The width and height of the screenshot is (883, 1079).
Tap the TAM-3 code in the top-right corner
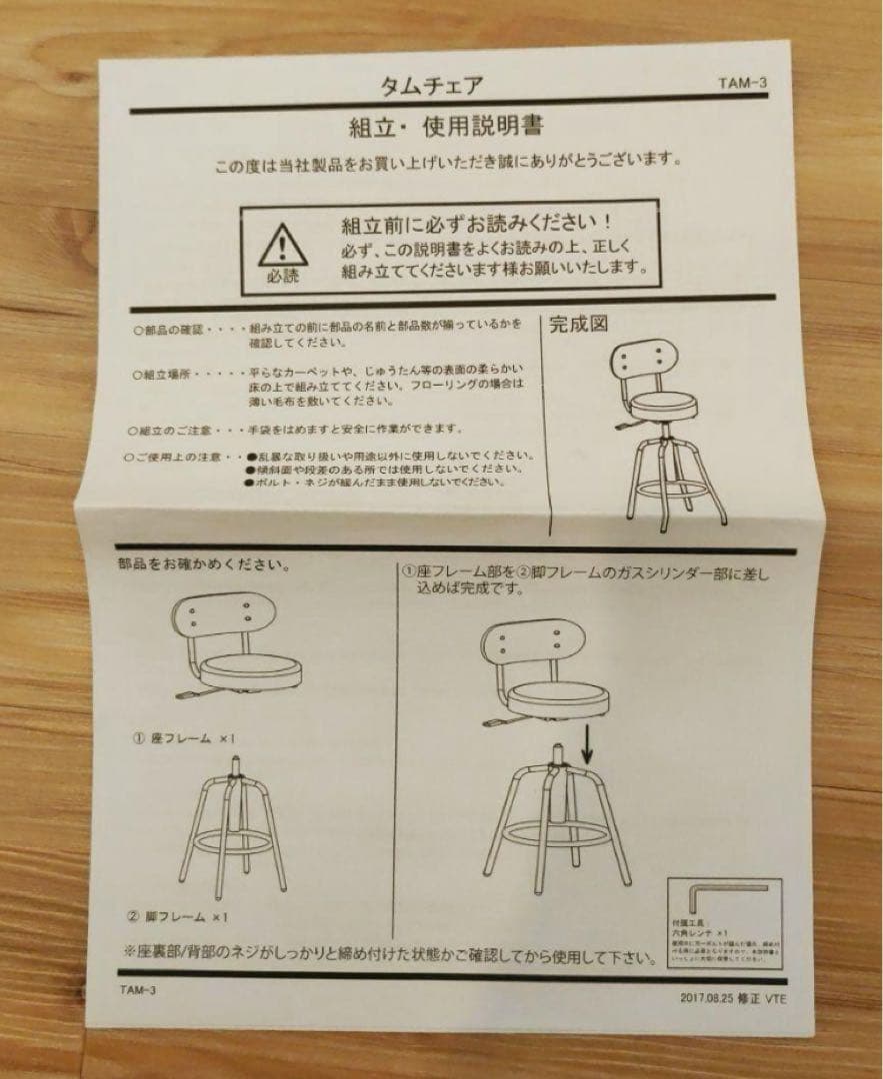(x=741, y=84)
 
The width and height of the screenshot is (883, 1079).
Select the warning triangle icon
(x=283, y=243)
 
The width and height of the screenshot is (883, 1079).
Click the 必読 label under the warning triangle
(x=283, y=277)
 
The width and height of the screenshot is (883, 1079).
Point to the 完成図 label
(x=579, y=325)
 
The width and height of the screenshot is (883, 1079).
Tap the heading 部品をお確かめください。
(x=205, y=565)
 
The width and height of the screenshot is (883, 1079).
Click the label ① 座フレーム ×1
(x=185, y=738)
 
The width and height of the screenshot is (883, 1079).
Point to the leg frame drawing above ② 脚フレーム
(x=232, y=828)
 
